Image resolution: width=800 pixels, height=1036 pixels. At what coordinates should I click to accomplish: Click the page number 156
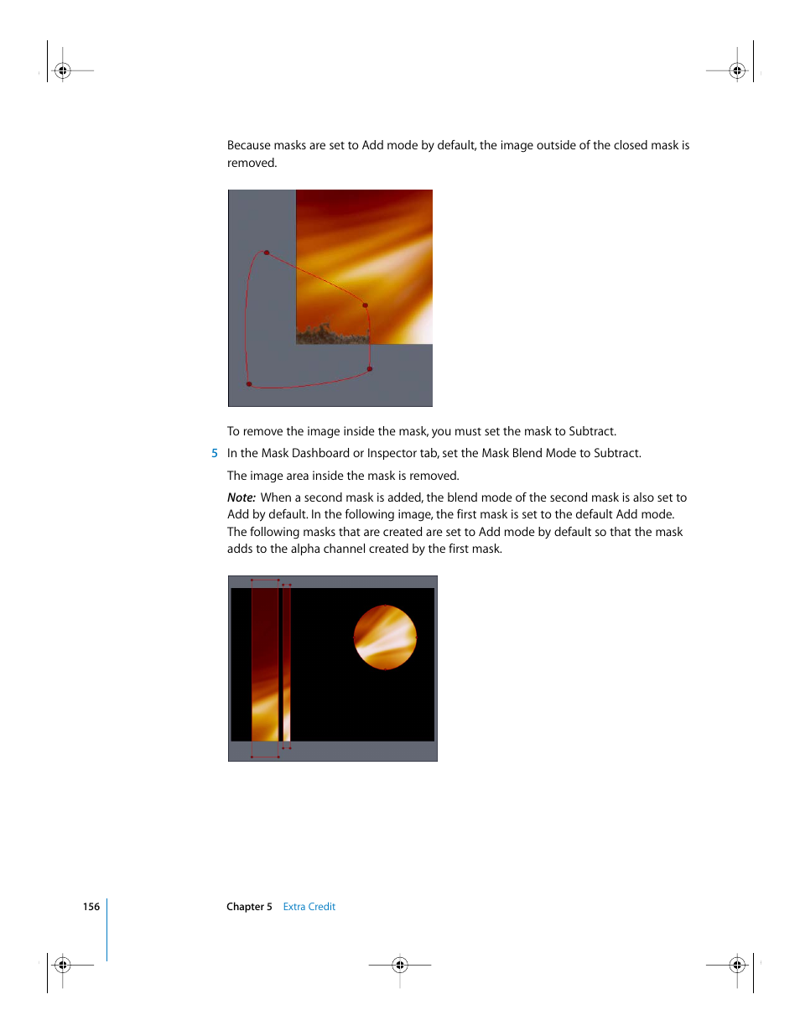point(91,907)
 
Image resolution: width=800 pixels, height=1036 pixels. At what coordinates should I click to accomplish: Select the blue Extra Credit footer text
point(309,907)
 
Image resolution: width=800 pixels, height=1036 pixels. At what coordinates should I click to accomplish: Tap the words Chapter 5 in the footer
point(249,907)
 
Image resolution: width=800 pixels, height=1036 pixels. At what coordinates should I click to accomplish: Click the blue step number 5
point(215,454)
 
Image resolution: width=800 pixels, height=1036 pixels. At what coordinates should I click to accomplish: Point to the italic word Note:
point(242,497)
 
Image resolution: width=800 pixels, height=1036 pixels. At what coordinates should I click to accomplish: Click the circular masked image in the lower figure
point(385,638)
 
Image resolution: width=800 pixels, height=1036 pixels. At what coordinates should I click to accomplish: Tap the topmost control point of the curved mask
point(267,252)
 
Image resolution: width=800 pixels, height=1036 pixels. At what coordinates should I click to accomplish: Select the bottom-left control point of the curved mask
point(249,384)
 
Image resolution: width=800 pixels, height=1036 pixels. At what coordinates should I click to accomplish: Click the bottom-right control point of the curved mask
point(370,369)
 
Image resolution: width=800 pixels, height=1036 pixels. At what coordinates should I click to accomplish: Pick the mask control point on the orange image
point(365,305)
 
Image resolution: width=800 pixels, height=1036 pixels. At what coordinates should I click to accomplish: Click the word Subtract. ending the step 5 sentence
point(617,454)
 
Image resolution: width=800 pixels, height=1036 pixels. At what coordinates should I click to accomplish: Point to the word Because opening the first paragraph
point(248,146)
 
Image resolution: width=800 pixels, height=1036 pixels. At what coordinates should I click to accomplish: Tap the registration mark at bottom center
point(400,965)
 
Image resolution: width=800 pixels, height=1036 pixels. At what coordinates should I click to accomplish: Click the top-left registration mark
point(62,71)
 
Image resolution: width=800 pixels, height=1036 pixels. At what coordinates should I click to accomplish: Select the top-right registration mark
point(737,71)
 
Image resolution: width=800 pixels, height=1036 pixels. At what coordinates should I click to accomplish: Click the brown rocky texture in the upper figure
point(331,335)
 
